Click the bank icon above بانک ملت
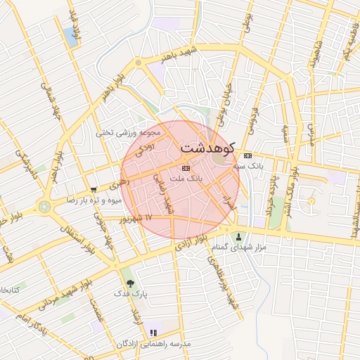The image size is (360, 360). click(x=186, y=168)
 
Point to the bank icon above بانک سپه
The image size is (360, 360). click(x=247, y=155)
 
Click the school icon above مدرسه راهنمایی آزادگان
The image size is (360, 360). click(x=153, y=333)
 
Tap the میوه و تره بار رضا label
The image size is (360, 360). click(x=95, y=200)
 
